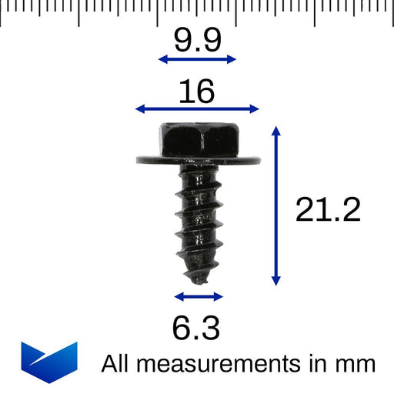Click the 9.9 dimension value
coord(197,41)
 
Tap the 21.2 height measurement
coord(328,209)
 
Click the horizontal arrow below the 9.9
coord(197,59)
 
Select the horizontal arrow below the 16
coord(197,109)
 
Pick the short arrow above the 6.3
coord(199,296)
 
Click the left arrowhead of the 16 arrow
coord(139,109)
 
